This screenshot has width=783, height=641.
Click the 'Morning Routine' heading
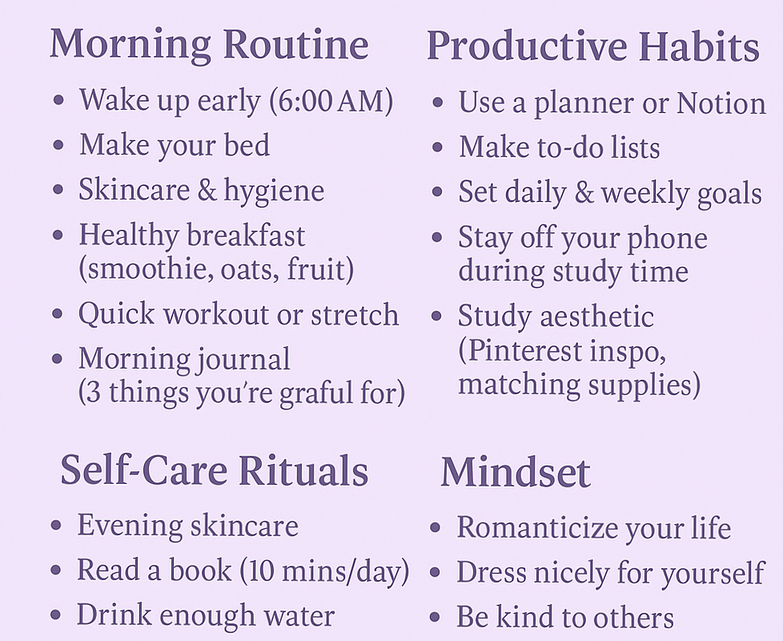[209, 44]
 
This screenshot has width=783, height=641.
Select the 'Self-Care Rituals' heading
[214, 471]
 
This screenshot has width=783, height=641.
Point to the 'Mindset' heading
[515, 473]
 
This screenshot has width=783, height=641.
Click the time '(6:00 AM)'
[331, 101]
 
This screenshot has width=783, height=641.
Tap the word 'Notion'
[721, 103]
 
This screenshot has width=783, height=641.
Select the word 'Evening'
[130, 526]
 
